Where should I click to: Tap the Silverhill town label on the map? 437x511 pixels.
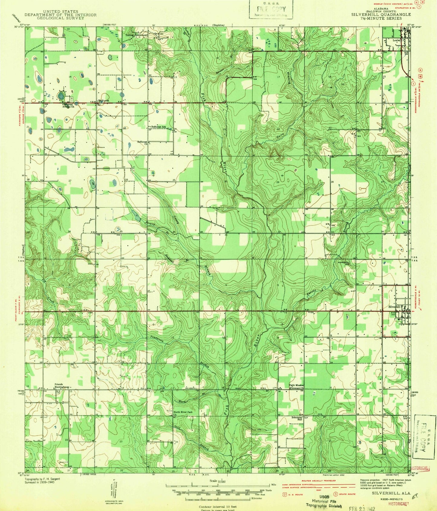coord(394,307)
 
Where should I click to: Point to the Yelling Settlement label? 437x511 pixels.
coord(137,35)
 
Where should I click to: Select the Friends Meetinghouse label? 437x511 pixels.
coord(62,386)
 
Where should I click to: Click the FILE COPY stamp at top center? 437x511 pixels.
coord(271,9)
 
